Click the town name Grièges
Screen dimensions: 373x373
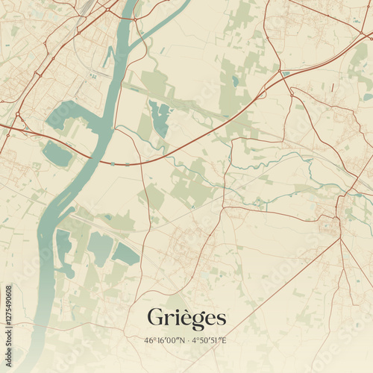(186, 317)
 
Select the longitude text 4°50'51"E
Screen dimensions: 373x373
(209, 341)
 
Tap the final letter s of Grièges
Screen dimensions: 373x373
(220, 319)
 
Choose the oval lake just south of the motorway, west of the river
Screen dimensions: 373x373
(57, 154)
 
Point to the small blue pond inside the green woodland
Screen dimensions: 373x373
(235, 81)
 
